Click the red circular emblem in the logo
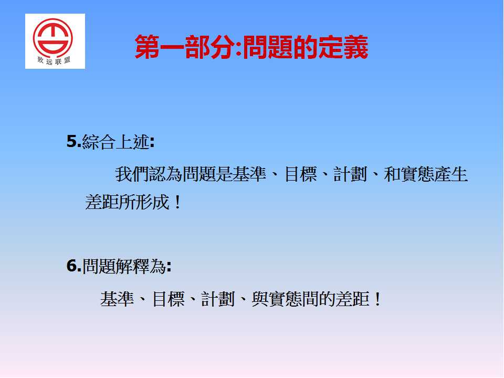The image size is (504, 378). (x=52, y=38)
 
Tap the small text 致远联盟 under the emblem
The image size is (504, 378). (x=54, y=60)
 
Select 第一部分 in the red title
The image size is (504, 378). (x=184, y=47)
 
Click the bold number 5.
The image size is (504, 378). (x=72, y=141)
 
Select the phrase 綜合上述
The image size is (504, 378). (x=116, y=141)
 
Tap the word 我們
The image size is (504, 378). (x=132, y=174)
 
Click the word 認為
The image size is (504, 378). (x=165, y=174)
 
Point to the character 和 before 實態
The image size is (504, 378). (x=392, y=174)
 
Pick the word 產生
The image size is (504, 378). (x=450, y=174)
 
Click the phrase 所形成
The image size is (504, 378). (x=144, y=202)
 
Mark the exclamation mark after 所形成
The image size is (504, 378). (x=177, y=203)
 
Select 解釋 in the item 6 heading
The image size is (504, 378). (x=132, y=266)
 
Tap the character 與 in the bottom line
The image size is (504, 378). (x=260, y=299)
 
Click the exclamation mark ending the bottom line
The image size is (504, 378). (x=377, y=299)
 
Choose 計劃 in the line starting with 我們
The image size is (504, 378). (x=350, y=174)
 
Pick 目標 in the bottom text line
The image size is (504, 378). (x=168, y=299)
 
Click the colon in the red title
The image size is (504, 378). (x=238, y=49)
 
